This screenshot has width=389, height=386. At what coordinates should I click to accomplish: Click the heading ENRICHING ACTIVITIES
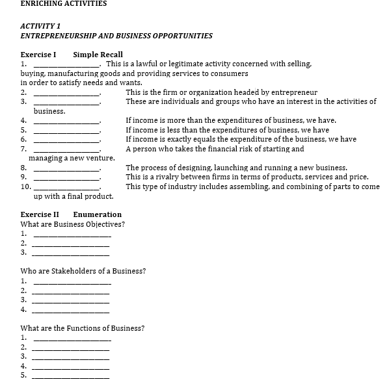64,3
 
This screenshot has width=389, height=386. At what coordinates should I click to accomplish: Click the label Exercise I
38,54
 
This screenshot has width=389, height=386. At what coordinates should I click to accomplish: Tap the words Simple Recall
98,54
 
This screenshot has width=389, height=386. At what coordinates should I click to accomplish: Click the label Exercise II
40,214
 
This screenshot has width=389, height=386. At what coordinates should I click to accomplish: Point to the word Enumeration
97,214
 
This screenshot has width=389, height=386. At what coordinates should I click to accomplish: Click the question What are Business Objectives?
73,224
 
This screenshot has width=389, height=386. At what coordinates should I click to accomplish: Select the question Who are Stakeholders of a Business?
83,270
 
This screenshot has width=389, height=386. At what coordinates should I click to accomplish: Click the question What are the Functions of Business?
83,328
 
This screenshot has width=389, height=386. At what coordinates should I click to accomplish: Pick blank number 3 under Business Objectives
71,252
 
